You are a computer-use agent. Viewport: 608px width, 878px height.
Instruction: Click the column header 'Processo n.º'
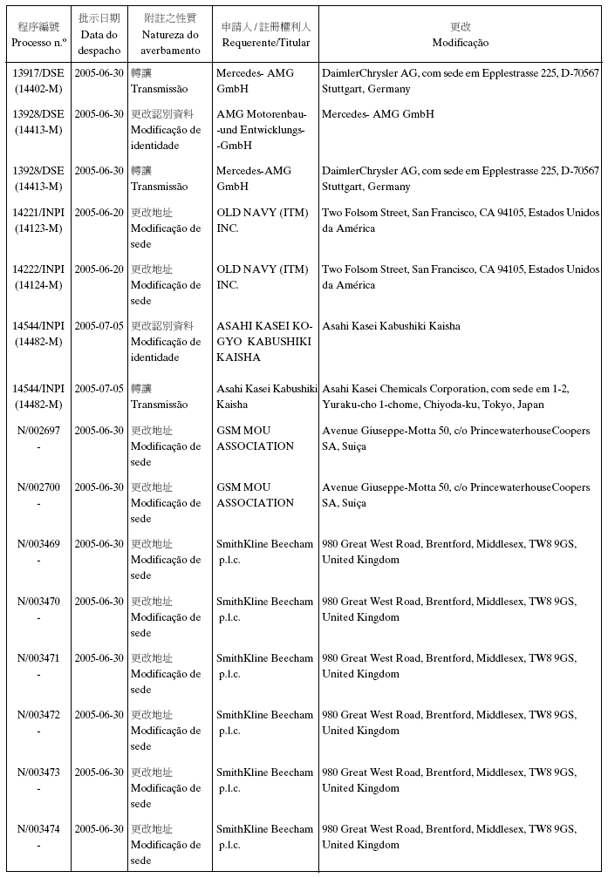point(38,42)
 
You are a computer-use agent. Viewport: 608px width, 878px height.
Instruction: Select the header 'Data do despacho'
point(99,42)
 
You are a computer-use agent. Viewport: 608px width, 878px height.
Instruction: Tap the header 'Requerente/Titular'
point(266,42)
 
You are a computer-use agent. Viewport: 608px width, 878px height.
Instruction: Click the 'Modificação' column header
point(460,42)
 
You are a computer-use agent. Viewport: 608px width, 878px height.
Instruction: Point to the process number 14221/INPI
point(38,213)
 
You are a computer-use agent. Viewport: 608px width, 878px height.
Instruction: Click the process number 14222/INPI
point(38,269)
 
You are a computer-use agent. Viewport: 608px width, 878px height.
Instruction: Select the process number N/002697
point(38,431)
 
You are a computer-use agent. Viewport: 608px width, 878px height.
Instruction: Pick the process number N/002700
point(38,487)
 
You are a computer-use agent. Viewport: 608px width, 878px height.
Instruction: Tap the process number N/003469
point(38,544)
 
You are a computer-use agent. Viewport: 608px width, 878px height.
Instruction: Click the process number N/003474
point(38,829)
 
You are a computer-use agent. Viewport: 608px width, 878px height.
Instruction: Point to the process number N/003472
point(38,715)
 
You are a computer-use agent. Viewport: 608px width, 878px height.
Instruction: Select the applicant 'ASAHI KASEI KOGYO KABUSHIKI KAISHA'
point(263,342)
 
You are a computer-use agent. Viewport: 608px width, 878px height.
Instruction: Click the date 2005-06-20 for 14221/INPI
point(99,213)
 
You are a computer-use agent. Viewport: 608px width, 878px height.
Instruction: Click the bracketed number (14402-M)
point(38,89)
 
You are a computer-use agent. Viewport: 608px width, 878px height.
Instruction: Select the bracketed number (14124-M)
point(38,285)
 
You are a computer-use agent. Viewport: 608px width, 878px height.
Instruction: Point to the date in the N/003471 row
point(99,658)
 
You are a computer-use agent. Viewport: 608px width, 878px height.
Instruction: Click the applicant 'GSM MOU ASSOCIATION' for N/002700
point(255,495)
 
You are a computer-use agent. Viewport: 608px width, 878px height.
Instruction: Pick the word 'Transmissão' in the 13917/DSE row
point(159,89)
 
